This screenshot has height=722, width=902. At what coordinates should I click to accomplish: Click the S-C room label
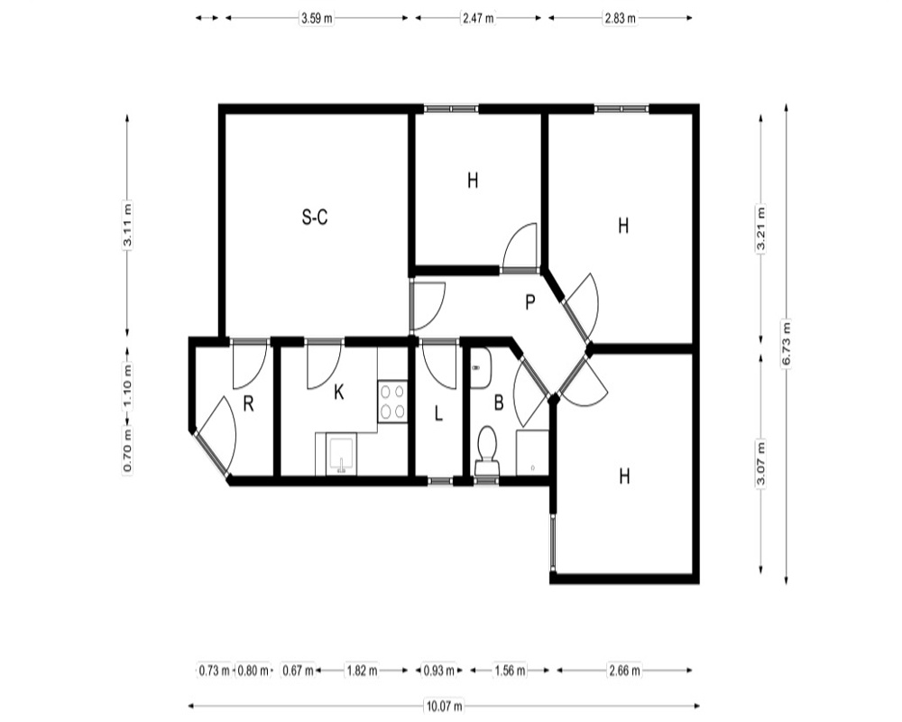point(315,218)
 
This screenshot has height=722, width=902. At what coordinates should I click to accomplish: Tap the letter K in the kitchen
point(339,392)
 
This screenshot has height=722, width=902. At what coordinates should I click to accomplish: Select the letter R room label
point(249,404)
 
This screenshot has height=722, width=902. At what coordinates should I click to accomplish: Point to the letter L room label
point(438,413)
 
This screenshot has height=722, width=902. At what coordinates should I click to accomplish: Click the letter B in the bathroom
point(499,403)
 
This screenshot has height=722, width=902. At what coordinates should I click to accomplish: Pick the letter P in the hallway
point(530,301)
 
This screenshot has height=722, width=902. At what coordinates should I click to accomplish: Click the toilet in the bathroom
point(487,451)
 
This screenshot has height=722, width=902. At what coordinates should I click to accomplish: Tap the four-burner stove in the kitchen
point(393,402)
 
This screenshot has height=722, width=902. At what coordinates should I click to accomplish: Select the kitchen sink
point(341,455)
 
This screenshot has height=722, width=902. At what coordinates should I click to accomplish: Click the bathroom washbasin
point(481,368)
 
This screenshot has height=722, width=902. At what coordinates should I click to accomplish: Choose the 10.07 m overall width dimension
point(444,705)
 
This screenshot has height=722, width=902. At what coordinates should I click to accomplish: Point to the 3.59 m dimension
point(317,18)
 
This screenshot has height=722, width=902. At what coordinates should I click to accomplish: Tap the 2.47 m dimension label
point(478,18)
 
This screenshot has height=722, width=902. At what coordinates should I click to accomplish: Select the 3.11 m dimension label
point(127,225)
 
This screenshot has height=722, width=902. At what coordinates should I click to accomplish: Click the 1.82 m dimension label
point(362,671)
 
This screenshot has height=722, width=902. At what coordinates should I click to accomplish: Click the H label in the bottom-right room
point(625,477)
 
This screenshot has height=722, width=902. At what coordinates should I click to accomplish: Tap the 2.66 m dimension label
point(624,671)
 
